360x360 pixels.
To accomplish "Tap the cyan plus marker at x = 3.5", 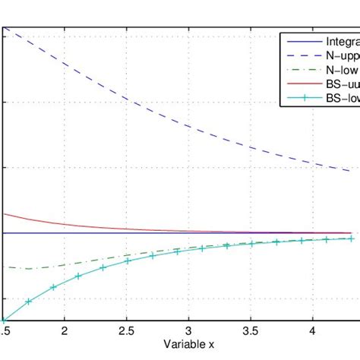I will [251, 244].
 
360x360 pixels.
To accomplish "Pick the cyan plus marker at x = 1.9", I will [53, 287].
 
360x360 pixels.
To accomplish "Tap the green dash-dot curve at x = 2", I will [65, 264].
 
